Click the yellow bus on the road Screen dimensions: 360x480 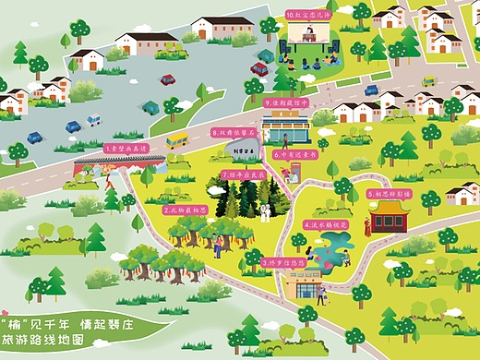pyautogui.click(x=176, y=140)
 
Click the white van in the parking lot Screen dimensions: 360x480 pyautogui.click(x=93, y=120)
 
